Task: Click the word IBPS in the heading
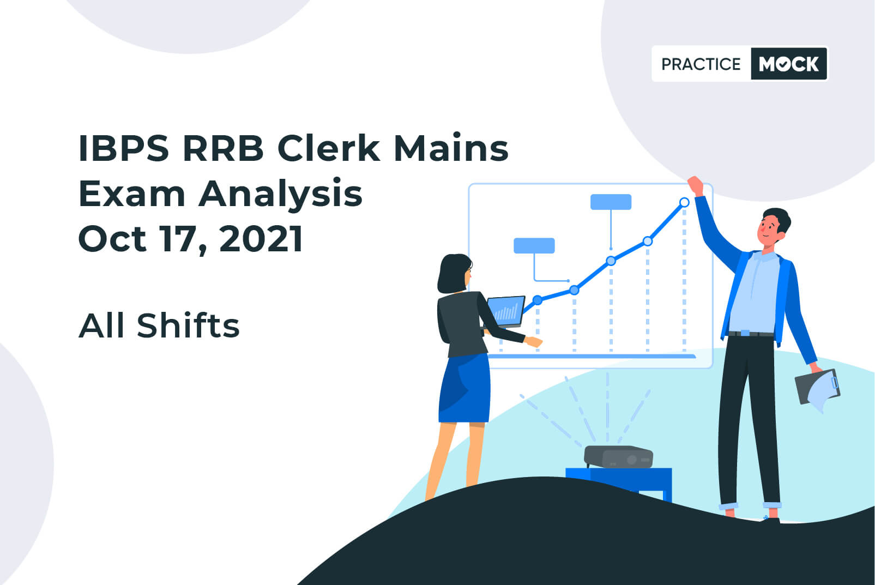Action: click(x=124, y=148)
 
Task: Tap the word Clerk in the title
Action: click(x=328, y=148)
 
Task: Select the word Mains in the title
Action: click(x=451, y=148)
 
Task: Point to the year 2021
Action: click(x=261, y=239)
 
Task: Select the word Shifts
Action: click(x=188, y=325)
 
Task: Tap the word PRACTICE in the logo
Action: click(x=701, y=64)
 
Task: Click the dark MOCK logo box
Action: click(x=789, y=64)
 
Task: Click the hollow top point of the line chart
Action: click(x=684, y=202)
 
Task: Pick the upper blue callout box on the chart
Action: click(x=611, y=202)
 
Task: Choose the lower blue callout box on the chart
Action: click(x=534, y=246)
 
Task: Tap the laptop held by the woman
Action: click(x=506, y=312)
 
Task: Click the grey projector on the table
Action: click(x=618, y=456)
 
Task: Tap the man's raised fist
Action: click(x=695, y=185)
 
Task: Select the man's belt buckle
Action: click(x=745, y=333)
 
